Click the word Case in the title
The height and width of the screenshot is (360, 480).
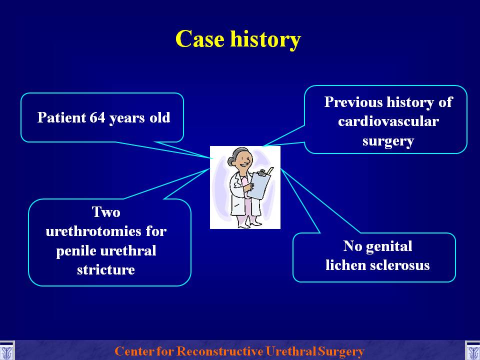click(x=199, y=39)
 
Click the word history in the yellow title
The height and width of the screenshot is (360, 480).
click(x=265, y=40)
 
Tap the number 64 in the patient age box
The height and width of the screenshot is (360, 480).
click(x=97, y=117)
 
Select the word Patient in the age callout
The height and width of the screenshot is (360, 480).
click(x=61, y=117)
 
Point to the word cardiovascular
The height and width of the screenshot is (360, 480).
click(x=388, y=121)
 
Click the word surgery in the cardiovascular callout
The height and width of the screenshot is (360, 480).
click(x=388, y=141)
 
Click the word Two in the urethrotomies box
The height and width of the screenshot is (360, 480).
click(x=106, y=212)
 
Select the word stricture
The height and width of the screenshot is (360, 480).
click(x=106, y=269)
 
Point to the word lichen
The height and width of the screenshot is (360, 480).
click(x=345, y=265)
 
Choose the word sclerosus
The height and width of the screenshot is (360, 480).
click(x=400, y=265)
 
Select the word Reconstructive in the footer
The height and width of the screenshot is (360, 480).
click(x=219, y=351)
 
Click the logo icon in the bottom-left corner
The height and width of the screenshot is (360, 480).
click(x=6, y=351)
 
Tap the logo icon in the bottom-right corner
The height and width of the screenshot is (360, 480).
click(x=472, y=351)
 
